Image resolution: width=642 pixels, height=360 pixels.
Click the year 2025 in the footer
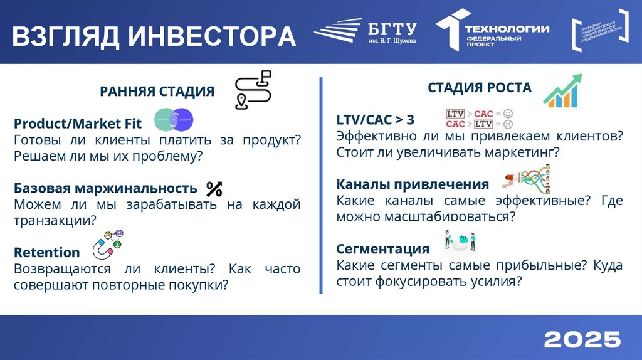point(582,339)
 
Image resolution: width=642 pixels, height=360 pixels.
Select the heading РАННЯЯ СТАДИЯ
point(157,92)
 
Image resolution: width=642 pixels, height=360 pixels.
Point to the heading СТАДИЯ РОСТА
point(480,88)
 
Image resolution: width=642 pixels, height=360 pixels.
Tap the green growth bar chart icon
point(562,91)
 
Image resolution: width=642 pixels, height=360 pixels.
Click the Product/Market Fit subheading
point(78,123)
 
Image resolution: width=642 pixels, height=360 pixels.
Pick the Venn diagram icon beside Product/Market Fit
point(174,119)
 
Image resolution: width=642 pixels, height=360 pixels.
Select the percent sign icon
point(214,188)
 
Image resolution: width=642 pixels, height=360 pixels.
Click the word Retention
point(46,253)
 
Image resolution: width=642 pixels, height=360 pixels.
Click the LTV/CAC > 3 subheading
point(375,119)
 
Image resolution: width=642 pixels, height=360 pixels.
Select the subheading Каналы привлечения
point(413,184)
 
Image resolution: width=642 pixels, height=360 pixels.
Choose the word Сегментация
point(382,249)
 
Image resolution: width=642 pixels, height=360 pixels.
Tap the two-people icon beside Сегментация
point(461,241)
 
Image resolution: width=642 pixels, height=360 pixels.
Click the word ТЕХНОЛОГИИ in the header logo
point(507,28)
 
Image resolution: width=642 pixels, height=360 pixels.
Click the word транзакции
point(55,220)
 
